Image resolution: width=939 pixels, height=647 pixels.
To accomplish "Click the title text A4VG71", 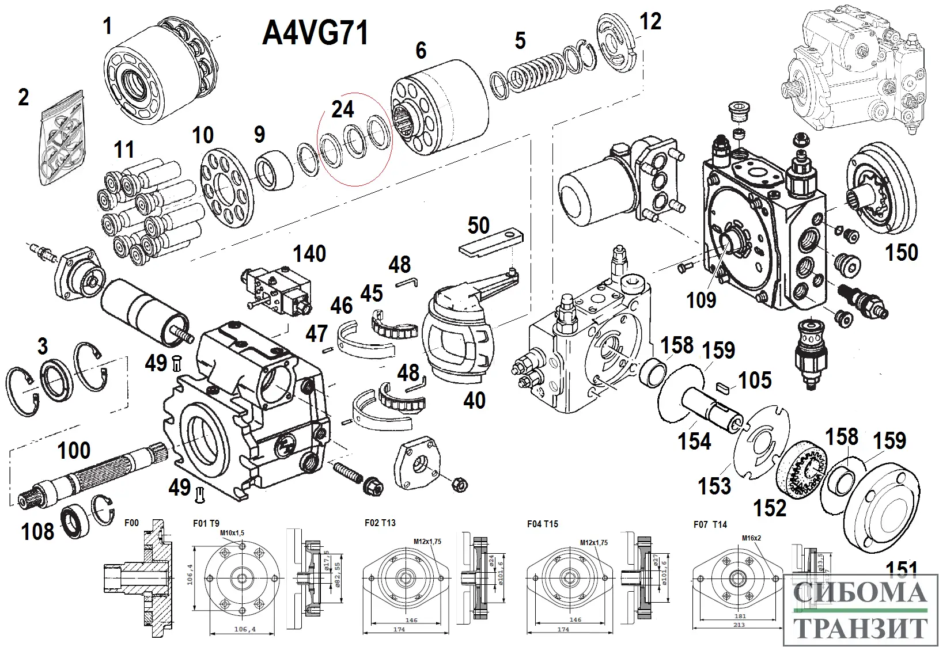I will tap(315, 33).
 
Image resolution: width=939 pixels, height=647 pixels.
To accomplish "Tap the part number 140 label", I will tap(310, 254).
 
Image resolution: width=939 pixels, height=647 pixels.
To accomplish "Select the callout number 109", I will tap(701, 299).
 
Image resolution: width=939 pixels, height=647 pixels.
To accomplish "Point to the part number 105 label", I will tap(755, 380).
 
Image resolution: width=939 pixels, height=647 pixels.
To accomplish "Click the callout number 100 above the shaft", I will tap(74, 451).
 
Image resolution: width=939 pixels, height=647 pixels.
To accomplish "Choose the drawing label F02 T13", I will tap(380, 523).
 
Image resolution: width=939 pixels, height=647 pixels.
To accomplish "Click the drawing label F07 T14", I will tap(710, 524).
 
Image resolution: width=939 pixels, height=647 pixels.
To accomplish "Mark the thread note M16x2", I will tap(752, 538).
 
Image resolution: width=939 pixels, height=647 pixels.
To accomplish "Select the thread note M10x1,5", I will tap(232, 533).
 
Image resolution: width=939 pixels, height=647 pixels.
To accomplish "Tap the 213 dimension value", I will tap(739, 625).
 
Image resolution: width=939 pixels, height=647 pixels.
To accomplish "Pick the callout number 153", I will tap(714, 486).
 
